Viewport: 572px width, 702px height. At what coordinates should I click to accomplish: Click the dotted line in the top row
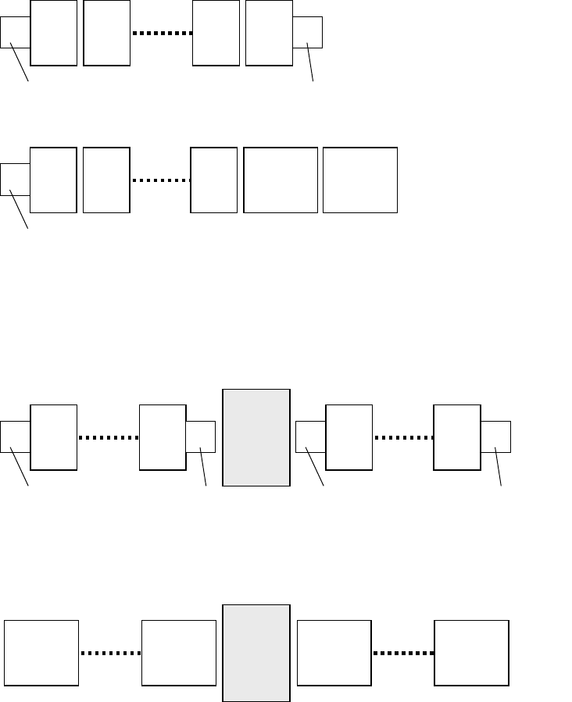[x=162, y=34]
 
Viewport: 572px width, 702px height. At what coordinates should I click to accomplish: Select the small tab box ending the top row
[x=309, y=32]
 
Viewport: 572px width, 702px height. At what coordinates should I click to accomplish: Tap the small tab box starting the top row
[x=15, y=33]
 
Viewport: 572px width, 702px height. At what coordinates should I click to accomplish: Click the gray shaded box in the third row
[x=256, y=437]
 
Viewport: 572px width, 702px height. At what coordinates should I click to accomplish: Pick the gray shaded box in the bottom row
[x=256, y=653]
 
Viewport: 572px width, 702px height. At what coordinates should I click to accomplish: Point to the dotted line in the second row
[x=161, y=180]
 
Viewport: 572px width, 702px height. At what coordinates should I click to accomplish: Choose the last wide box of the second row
[x=359, y=180]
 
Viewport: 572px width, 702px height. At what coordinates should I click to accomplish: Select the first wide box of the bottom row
[x=41, y=654]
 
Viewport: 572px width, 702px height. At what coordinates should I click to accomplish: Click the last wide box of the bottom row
[x=471, y=654]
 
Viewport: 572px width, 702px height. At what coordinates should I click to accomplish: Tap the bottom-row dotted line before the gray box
[x=111, y=654]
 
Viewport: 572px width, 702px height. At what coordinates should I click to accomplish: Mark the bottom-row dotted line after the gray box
[x=403, y=654]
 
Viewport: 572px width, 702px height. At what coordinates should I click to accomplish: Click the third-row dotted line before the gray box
[x=109, y=438]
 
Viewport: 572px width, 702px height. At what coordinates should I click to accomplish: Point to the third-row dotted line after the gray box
[x=403, y=438]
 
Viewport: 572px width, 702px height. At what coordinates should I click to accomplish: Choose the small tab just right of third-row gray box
[x=310, y=436]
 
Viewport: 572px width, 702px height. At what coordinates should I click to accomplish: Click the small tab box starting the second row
[x=15, y=179]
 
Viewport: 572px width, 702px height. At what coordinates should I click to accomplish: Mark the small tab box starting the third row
[x=15, y=436]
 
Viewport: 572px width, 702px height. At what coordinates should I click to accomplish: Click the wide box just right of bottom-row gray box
[x=334, y=654]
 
